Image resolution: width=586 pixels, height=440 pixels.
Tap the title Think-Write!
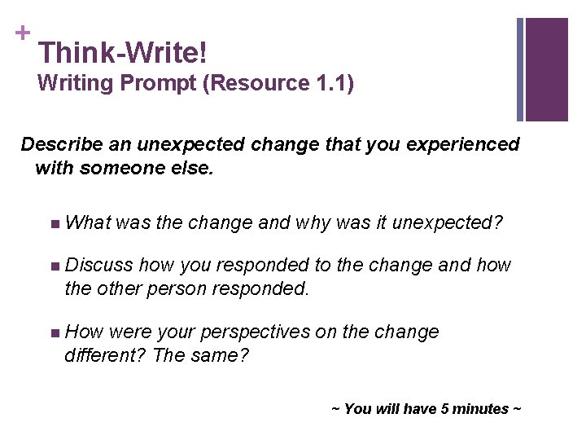(x=122, y=54)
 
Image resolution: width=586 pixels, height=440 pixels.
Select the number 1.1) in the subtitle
(x=335, y=83)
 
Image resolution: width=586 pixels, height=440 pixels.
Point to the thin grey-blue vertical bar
(x=520, y=69)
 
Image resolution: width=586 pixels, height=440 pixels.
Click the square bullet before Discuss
(x=54, y=266)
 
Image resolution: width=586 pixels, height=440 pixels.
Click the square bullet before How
(x=54, y=332)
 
